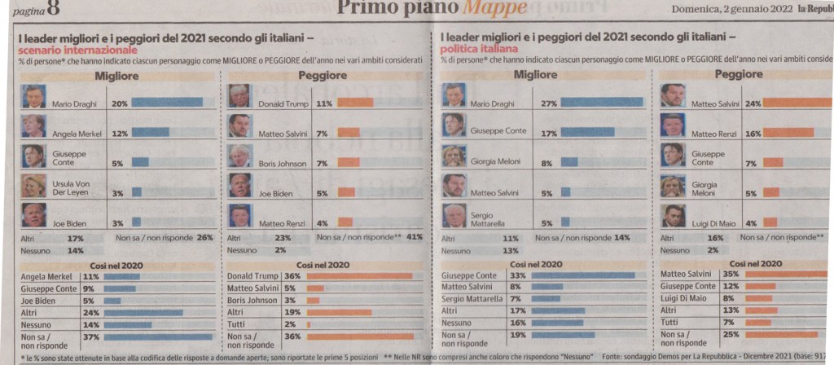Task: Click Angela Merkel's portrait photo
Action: point(34,125)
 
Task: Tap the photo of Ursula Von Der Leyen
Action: point(34,187)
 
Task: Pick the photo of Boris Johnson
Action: point(239,156)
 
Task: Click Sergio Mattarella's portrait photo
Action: point(454,216)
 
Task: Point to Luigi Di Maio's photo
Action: point(673,216)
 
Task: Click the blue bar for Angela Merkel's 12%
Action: point(151,132)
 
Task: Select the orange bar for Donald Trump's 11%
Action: point(355,103)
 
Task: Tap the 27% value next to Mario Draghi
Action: point(548,103)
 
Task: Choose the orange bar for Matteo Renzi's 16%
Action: point(788,133)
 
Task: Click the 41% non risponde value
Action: point(414,238)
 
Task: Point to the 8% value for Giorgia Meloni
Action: point(546,163)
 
